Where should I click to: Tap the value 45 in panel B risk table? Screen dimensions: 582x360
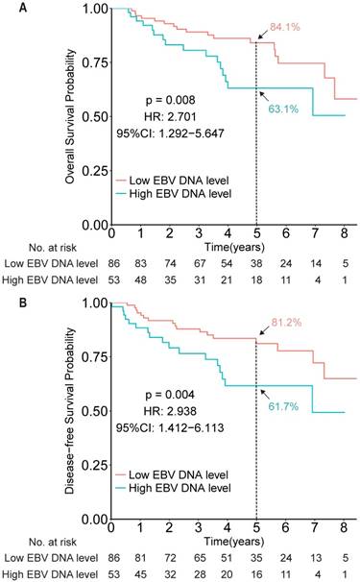pyautogui.click(x=141, y=573)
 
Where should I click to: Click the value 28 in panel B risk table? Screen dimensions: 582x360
pyautogui.click(x=198, y=573)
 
